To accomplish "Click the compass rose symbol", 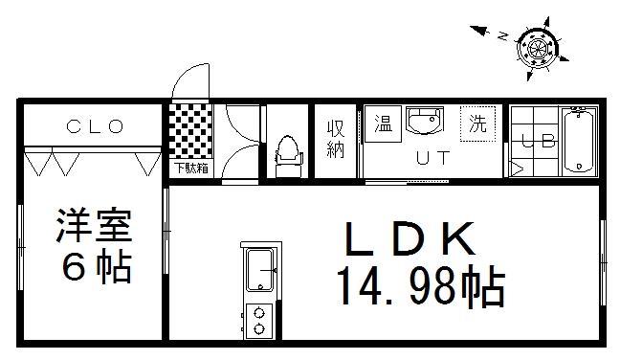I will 537,44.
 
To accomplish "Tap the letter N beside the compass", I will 502,36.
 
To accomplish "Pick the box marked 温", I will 383,124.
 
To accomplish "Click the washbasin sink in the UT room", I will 425,124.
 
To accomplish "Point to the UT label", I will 430,159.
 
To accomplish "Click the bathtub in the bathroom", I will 580,141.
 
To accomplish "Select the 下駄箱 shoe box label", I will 189,169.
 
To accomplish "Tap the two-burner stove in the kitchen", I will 258,319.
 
